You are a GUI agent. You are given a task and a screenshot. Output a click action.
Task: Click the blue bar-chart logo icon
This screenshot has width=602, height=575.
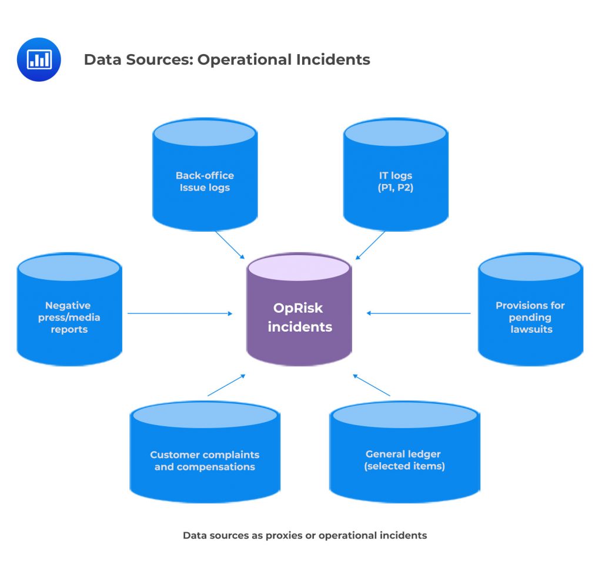click(39, 59)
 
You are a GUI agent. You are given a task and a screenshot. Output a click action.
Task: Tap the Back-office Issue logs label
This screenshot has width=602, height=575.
click(205, 182)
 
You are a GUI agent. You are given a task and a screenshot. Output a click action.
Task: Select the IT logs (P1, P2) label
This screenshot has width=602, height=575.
click(395, 182)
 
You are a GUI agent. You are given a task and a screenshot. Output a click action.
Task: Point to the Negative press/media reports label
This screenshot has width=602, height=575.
click(68, 317)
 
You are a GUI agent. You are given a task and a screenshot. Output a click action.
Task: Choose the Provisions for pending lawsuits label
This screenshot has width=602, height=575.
click(530, 317)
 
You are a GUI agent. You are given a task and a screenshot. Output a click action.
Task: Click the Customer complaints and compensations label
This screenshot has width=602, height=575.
click(205, 461)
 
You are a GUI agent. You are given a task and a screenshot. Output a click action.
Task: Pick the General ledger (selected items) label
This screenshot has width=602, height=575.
click(404, 460)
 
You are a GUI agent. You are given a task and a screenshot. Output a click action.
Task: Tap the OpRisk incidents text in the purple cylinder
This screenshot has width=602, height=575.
click(299, 317)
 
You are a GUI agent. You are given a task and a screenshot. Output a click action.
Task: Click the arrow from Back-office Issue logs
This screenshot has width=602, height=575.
click(229, 245)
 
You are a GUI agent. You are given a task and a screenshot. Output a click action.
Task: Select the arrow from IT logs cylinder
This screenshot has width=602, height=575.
click(370, 245)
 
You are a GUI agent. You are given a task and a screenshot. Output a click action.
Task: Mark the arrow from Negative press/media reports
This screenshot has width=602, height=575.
click(179, 313)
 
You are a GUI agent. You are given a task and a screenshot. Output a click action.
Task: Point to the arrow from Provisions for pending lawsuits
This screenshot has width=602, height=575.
click(419, 313)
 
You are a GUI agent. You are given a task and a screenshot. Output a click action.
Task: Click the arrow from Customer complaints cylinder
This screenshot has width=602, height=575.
click(226, 385)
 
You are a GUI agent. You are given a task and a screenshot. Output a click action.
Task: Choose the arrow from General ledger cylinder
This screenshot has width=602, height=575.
click(372, 385)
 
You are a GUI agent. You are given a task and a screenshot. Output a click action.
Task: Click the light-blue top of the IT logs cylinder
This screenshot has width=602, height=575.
click(395, 133)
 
